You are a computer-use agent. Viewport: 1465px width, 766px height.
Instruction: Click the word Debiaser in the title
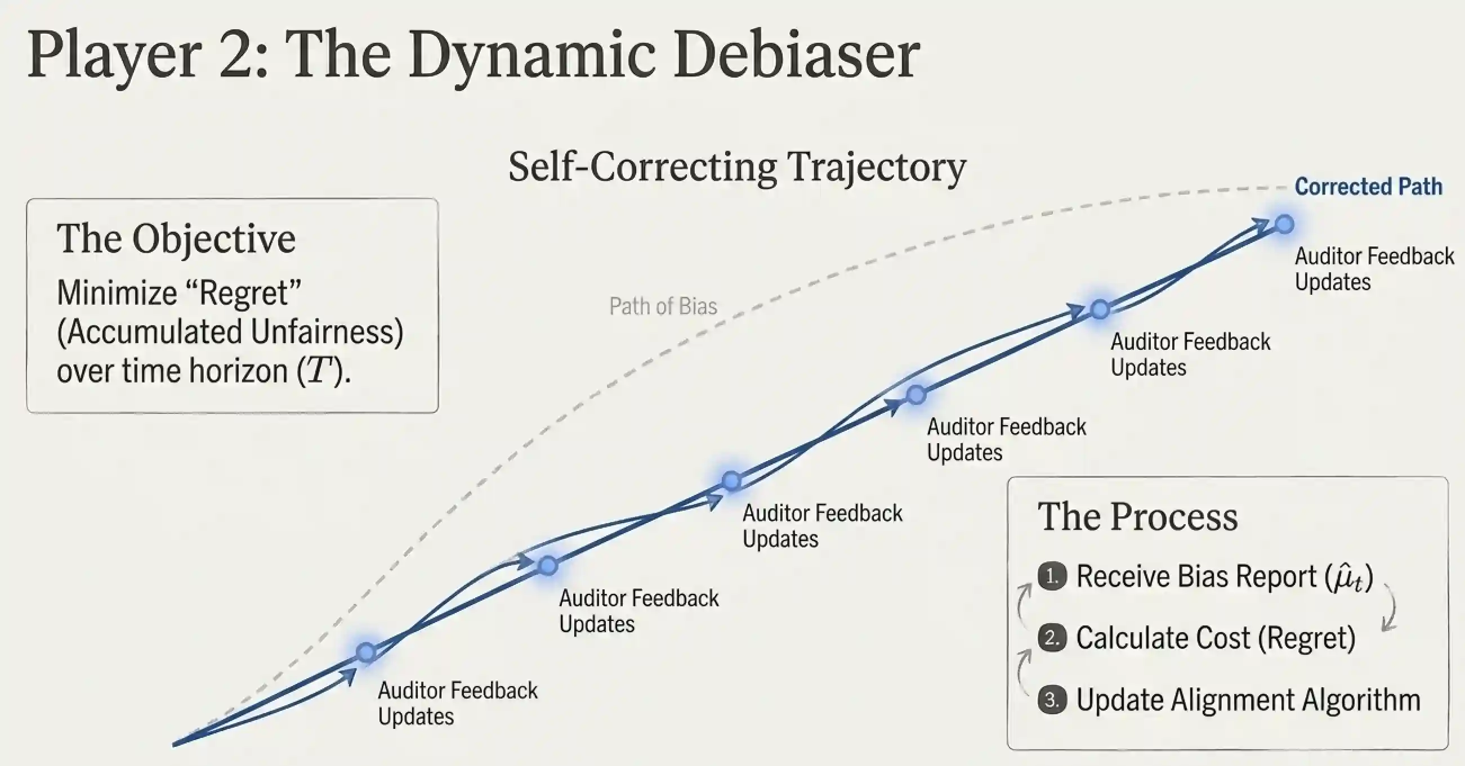[x=796, y=56]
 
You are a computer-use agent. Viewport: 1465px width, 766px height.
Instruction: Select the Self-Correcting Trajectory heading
[x=737, y=167]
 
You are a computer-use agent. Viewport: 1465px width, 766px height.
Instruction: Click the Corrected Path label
[x=1368, y=187]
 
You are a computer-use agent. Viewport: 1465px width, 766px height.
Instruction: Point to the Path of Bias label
[x=663, y=307]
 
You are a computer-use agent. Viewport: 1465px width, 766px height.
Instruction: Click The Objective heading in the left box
[x=176, y=238]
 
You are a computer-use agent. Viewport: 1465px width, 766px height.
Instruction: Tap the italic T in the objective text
[x=319, y=371]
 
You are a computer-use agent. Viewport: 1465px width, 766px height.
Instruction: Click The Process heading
[x=1137, y=516]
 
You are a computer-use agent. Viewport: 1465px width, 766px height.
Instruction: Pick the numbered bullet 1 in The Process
[x=1052, y=577]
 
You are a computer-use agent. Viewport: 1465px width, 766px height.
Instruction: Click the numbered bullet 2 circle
[x=1052, y=638]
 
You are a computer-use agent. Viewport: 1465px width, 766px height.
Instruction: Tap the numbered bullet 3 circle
[x=1052, y=700]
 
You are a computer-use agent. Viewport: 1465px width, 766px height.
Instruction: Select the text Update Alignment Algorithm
[x=1248, y=700]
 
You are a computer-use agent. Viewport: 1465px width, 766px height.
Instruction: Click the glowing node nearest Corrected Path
[x=1284, y=224]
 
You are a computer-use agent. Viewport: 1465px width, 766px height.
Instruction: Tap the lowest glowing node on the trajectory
[x=366, y=652]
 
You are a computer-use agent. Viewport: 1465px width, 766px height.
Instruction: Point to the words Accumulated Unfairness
[x=230, y=332]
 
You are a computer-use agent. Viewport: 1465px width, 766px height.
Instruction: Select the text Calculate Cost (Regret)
[x=1216, y=638]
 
